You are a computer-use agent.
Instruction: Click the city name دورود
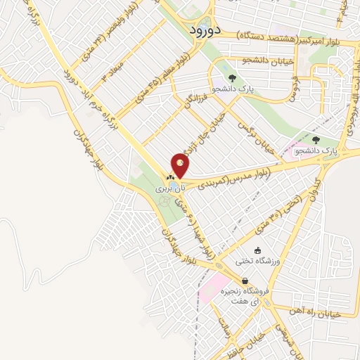tap(206, 30)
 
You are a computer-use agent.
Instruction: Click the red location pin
tap(180, 166)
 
